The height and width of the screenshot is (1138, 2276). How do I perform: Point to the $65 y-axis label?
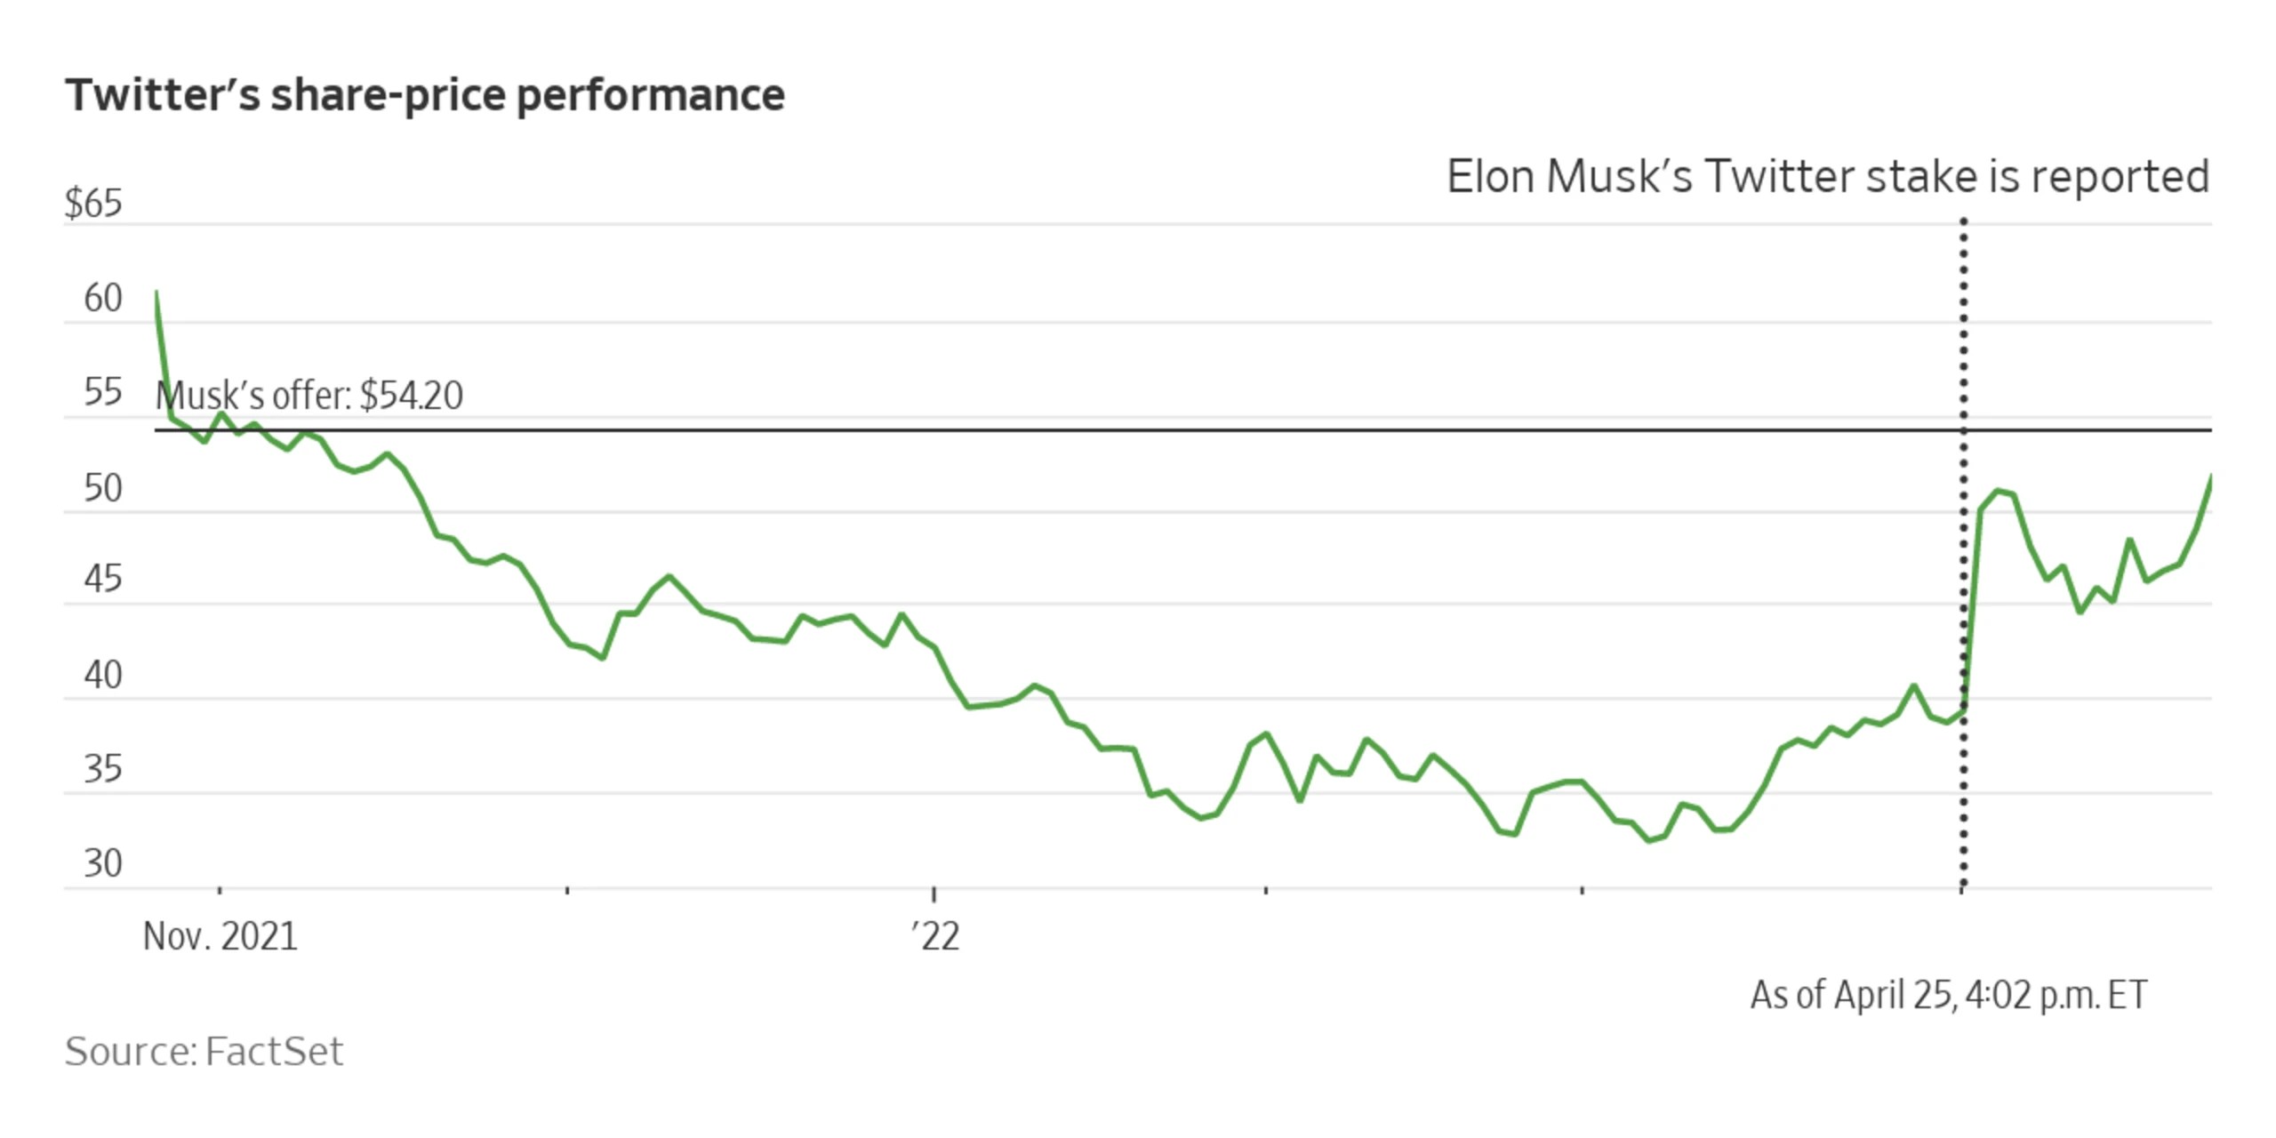pos(93,204)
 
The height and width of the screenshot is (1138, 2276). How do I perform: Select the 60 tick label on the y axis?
pos(103,299)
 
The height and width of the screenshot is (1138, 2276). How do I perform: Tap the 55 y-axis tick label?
pos(103,392)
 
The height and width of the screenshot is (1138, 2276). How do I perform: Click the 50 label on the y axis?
pos(103,489)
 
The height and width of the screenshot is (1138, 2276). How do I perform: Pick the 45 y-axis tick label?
pos(103,580)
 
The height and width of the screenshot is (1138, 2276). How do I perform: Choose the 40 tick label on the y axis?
pos(103,676)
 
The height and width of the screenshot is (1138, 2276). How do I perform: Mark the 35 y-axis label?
pos(103,769)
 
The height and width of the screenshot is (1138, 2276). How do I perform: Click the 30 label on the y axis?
pos(103,864)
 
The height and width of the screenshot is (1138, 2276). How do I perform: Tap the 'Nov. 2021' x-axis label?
pos(220,937)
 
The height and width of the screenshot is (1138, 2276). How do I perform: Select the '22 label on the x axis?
pos(935,937)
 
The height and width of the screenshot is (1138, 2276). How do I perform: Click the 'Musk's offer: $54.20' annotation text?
pos(309,396)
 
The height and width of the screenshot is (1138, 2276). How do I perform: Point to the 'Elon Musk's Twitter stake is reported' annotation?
pos(1828,177)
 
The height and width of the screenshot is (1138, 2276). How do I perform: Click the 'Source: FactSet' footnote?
pos(204,1052)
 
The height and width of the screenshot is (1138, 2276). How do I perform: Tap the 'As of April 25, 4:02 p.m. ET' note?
pos(1949,996)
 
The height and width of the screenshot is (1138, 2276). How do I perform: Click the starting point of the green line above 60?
pos(156,292)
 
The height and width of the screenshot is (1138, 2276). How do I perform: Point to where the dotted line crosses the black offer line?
pos(1964,430)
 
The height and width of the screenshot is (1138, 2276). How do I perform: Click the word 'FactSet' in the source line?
pos(274,1052)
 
